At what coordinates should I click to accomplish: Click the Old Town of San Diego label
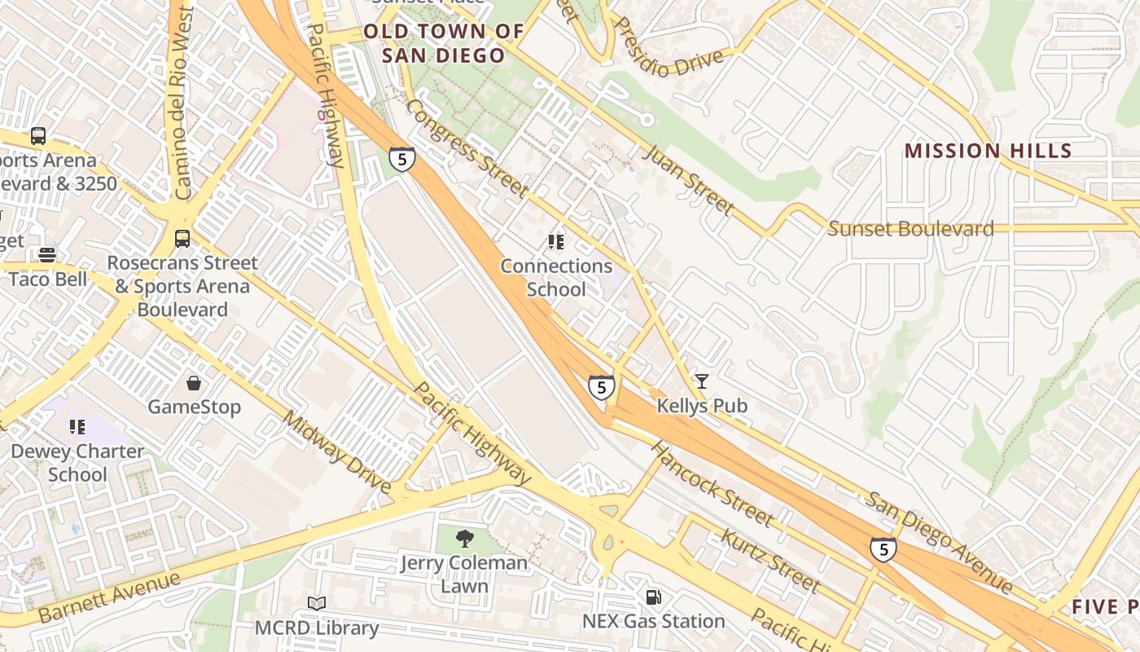coord(444,44)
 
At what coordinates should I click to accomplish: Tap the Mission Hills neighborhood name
coord(988,151)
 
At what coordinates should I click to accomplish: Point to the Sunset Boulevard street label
coord(910,229)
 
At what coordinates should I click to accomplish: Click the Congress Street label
coord(467,148)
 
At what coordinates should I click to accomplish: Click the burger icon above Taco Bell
coord(47,255)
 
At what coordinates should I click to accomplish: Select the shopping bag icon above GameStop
coord(194,382)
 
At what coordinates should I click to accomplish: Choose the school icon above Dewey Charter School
coord(77,427)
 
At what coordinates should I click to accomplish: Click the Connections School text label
coord(556,278)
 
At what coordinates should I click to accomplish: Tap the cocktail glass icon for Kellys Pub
coord(701,381)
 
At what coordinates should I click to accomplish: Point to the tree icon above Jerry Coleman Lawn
coord(464,538)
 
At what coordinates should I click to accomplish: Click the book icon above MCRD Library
coord(317,604)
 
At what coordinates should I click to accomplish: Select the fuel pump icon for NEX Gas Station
coord(653,597)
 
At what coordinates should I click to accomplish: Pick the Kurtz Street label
coord(769,561)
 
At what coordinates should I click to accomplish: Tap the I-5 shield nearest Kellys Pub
coord(601,387)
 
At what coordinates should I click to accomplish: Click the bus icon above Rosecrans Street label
coord(182,239)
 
